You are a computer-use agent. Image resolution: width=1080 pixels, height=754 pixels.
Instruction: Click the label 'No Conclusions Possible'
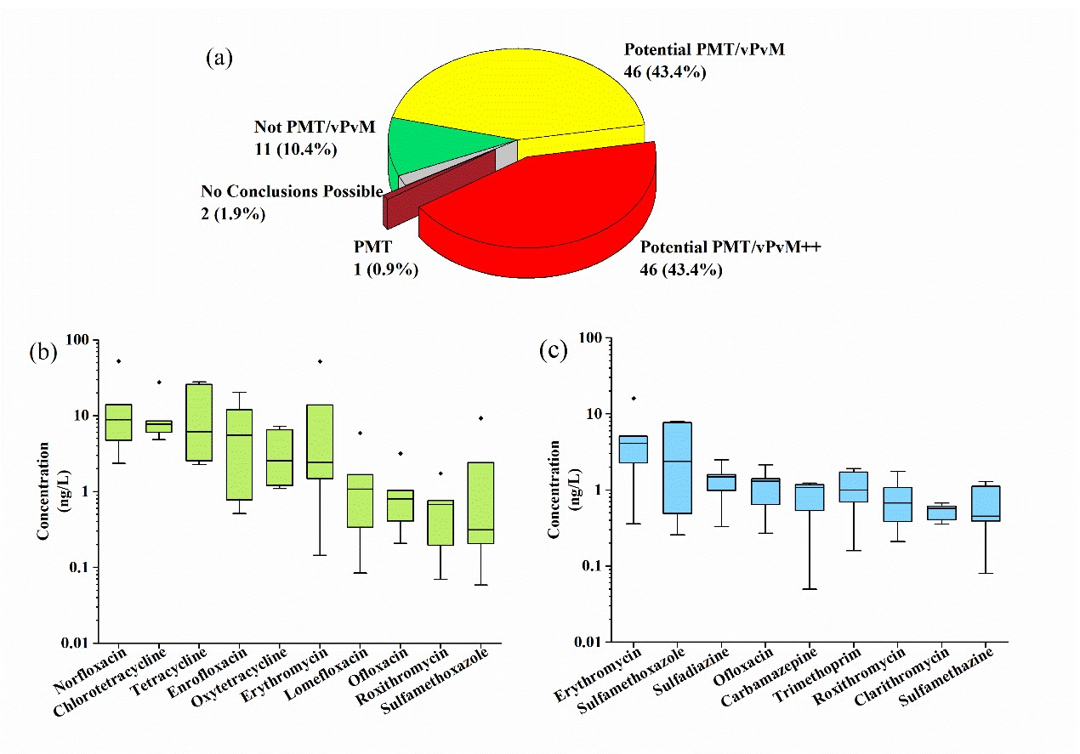pos(292,192)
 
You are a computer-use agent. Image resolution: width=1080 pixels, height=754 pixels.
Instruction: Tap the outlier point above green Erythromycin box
pos(320,361)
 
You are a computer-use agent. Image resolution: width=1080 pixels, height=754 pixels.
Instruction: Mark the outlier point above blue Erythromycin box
pos(634,398)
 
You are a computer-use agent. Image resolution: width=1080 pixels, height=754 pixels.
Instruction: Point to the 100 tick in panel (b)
pos(77,340)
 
